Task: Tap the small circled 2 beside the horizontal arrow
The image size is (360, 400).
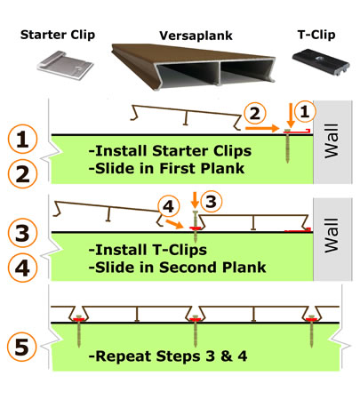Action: (255, 113)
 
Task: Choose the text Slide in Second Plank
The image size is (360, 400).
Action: (169, 264)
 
